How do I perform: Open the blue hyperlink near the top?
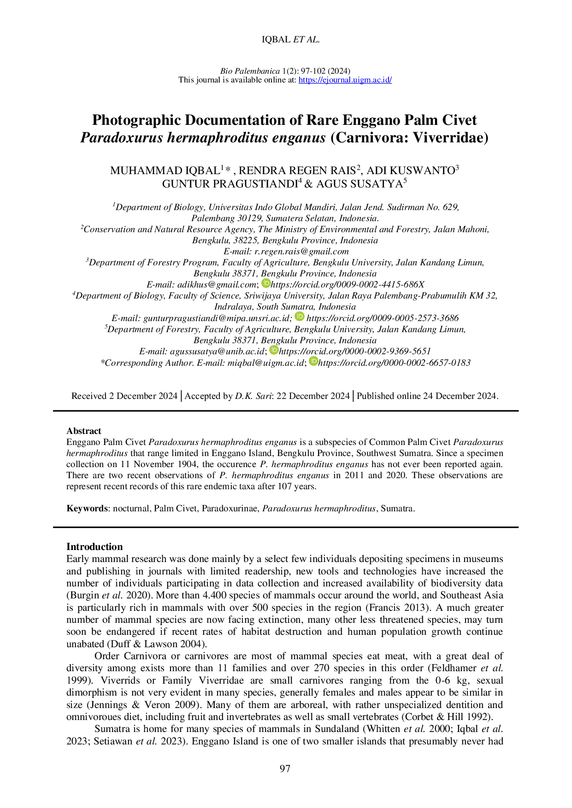click(x=346, y=80)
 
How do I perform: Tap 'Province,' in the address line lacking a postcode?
click(x=318, y=240)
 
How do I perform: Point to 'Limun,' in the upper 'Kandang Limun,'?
click(x=471, y=263)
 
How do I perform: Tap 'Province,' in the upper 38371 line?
click(x=317, y=274)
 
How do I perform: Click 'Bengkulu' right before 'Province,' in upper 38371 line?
click(x=279, y=274)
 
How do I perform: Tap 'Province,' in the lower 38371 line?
click(x=317, y=340)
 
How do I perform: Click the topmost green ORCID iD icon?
click(x=266, y=284)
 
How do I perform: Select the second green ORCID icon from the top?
click(x=300, y=316)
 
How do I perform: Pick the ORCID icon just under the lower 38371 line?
click(x=274, y=351)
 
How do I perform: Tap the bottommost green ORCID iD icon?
click(x=313, y=361)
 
